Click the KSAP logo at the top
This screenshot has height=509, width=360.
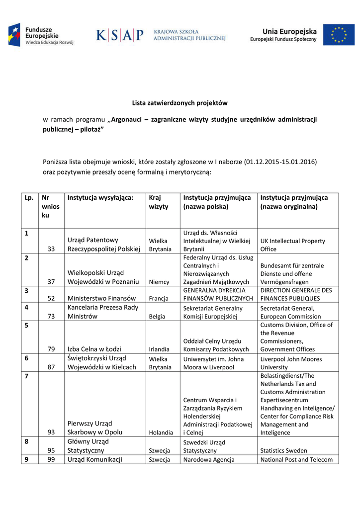[x=119, y=35]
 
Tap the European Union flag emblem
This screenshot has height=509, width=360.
[x=339, y=35]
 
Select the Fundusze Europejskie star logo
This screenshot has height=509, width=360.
[x=14, y=35]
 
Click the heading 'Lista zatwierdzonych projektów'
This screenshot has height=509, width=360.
[x=180, y=103]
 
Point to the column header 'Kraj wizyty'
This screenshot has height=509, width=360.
[x=159, y=202]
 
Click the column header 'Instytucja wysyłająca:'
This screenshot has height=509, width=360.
[x=100, y=197]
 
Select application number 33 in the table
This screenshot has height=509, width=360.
[x=51, y=249]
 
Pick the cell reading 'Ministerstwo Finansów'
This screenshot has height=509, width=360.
[x=102, y=298]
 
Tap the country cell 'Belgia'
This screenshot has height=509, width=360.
[x=157, y=316]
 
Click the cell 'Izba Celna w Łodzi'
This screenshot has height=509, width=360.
[x=94, y=349]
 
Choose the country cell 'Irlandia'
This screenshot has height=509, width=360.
[x=159, y=349]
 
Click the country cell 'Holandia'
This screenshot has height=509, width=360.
[x=161, y=432]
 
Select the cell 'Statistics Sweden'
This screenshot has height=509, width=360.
[x=284, y=450]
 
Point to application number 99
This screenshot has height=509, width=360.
[x=51, y=459]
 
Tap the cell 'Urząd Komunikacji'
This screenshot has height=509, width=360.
[x=95, y=459]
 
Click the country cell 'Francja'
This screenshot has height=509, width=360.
[x=159, y=299]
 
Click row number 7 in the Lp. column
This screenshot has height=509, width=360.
[x=26, y=376]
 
